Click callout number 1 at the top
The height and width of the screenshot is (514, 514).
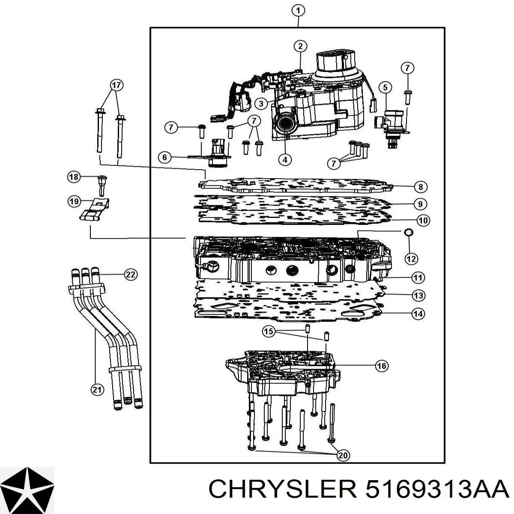pyautogui.click(x=298, y=11)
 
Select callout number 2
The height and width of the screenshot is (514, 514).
pyautogui.click(x=300, y=46)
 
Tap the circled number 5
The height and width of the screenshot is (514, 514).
pyautogui.click(x=385, y=87)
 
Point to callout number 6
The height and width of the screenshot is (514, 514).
pyautogui.click(x=164, y=157)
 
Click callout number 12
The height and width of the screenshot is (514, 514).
pyautogui.click(x=411, y=258)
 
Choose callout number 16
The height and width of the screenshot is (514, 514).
pyautogui.click(x=382, y=366)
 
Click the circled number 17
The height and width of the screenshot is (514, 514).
pyautogui.click(x=117, y=85)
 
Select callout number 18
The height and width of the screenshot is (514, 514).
pyautogui.click(x=74, y=177)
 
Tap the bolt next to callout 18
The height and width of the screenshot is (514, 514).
pyautogui.click(x=102, y=185)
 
